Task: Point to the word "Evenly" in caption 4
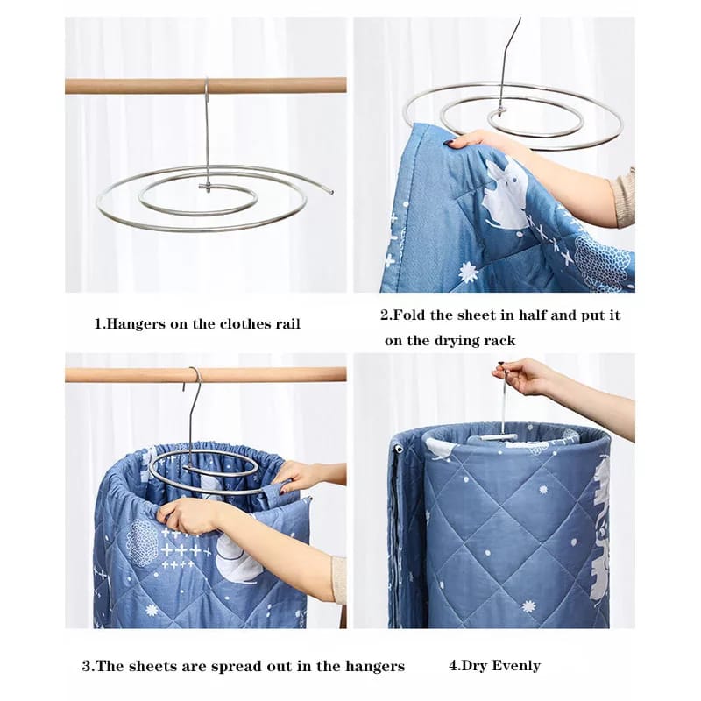(x=516, y=666)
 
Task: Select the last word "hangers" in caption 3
(x=375, y=667)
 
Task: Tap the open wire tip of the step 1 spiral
(x=331, y=192)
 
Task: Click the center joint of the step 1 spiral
(x=206, y=186)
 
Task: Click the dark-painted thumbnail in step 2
(x=448, y=143)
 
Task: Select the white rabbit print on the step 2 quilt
(x=506, y=191)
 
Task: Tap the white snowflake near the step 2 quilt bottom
(x=468, y=272)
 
